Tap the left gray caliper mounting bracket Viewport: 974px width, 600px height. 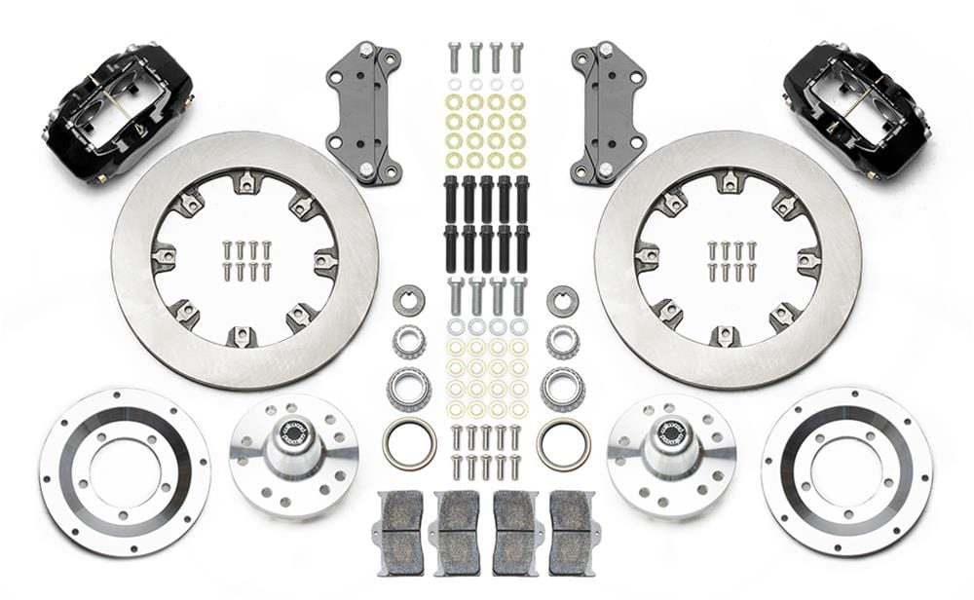pyautogui.click(x=367, y=113)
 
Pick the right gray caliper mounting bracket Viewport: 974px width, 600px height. pyautogui.click(x=609, y=113)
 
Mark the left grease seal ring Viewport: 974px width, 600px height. pyautogui.click(x=408, y=442)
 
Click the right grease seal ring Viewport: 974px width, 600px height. pyautogui.click(x=563, y=442)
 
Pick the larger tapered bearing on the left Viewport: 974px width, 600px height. pyautogui.click(x=408, y=389)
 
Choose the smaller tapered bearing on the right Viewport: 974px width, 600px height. pyautogui.click(x=562, y=341)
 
